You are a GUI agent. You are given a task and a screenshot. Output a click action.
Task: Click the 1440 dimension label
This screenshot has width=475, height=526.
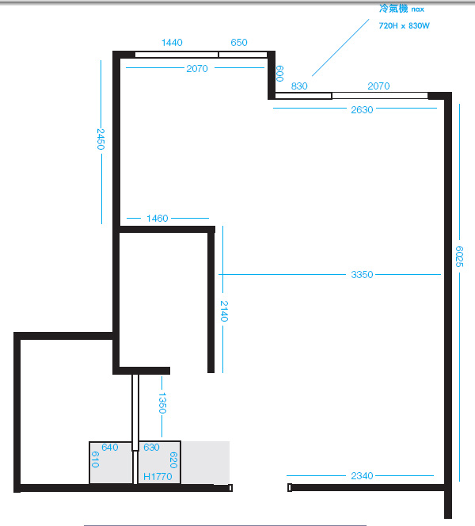172,43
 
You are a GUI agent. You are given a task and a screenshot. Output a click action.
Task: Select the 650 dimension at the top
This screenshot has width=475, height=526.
239,43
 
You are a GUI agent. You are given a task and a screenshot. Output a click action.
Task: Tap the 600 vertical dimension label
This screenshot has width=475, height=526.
279,74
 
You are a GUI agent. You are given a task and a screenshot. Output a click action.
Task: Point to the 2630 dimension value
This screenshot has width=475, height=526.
362,110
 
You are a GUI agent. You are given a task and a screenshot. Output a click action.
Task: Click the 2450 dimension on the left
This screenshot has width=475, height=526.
101,139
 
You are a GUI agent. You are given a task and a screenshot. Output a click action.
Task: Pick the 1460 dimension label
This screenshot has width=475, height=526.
158,219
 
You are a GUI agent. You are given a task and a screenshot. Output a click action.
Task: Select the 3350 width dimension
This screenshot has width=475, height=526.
362,275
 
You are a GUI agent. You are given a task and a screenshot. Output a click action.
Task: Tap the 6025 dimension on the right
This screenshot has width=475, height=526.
459,257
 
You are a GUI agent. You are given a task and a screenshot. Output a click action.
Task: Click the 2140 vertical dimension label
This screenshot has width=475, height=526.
224,311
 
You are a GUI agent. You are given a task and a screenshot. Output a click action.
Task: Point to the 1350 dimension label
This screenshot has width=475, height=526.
162,403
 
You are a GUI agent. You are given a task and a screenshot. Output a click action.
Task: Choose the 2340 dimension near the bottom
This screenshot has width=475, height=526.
362,475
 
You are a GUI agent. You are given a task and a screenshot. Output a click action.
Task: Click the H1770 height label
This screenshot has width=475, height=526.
158,476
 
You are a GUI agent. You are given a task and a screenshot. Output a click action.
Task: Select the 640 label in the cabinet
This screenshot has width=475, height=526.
110,447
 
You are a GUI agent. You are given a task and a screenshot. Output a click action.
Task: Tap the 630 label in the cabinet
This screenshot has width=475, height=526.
151,447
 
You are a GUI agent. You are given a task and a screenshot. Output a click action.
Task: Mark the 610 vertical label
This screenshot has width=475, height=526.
95,459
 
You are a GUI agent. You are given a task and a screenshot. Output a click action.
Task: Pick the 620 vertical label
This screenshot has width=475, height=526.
173,460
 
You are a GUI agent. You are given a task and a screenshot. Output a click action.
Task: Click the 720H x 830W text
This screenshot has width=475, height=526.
405,26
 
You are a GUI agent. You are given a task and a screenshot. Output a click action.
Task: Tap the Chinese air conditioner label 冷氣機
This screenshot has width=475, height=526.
393,9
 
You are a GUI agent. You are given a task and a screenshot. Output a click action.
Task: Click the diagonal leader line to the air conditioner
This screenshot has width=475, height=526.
340,48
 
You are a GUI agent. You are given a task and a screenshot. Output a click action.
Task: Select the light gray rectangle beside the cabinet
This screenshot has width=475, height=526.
205,463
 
